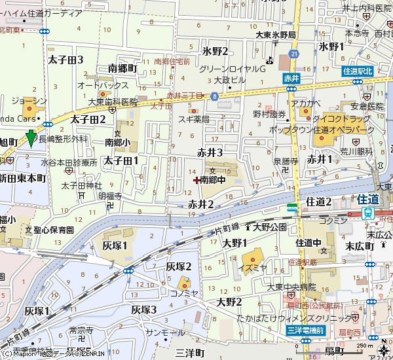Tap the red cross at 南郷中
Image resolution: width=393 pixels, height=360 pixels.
196,179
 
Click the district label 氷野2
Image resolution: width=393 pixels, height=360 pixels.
215,51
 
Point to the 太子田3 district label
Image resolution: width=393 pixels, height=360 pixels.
65,60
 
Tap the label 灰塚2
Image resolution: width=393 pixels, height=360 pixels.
178,266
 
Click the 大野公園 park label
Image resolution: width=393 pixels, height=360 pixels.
270,227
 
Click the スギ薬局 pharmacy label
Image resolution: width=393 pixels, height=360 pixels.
194,119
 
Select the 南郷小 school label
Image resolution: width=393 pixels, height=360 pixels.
118,141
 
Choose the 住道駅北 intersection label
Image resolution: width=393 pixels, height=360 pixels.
357,71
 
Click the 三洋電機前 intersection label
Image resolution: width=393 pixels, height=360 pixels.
306,331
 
